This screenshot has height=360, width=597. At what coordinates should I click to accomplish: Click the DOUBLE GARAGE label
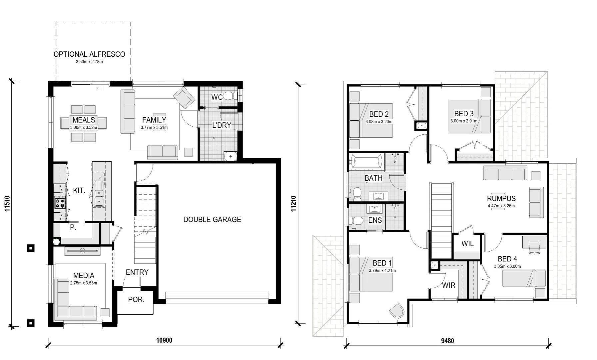pyautogui.click(x=212, y=219)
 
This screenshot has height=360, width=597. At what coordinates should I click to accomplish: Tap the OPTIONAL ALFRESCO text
pyautogui.click(x=89, y=54)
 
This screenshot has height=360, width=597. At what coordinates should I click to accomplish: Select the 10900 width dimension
pyautogui.click(x=164, y=340)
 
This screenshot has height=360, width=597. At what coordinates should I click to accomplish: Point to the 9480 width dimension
pyautogui.click(x=447, y=341)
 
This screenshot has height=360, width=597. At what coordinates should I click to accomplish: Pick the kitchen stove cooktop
pyautogui.click(x=60, y=203)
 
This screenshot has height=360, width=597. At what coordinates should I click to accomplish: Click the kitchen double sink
pyautogui.click(x=99, y=193)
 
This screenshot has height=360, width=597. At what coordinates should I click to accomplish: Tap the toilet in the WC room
pyautogui.click(x=230, y=96)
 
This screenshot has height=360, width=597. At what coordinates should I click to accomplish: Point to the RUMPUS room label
pyautogui.click(x=501, y=198)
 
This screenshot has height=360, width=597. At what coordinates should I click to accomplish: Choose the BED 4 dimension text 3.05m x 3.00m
pyautogui.click(x=507, y=266)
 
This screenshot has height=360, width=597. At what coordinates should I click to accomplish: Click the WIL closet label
pyautogui.click(x=467, y=244)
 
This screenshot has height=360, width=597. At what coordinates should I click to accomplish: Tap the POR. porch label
pyautogui.click(x=136, y=300)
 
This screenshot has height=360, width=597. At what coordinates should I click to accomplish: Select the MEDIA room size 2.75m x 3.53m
pyautogui.click(x=84, y=283)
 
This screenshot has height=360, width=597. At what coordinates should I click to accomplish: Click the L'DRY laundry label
pyautogui.click(x=222, y=125)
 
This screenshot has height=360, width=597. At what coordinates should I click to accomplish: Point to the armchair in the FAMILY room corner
pyautogui.click(x=184, y=98)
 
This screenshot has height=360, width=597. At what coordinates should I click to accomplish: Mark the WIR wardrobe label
pyautogui.click(x=448, y=285)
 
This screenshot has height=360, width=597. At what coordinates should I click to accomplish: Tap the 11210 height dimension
pyautogui.click(x=293, y=203)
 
